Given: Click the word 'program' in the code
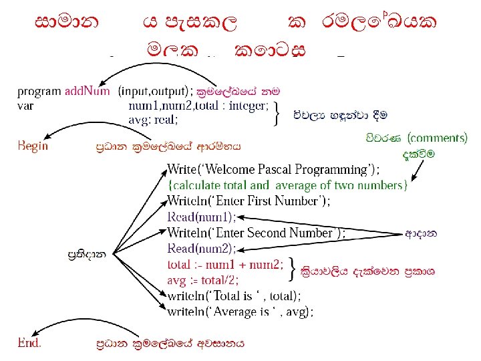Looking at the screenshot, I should click(x=39, y=91).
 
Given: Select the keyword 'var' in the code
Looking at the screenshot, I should click(x=25, y=105).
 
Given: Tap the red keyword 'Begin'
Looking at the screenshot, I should click(x=33, y=145).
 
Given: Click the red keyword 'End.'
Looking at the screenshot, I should click(x=29, y=342).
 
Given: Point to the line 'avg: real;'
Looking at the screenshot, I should click(x=153, y=120).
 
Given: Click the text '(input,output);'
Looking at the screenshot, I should click(x=156, y=91).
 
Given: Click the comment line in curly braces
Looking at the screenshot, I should click(x=287, y=185).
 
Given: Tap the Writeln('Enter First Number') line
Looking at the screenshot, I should click(x=248, y=201).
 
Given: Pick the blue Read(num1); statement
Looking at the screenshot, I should click(x=201, y=217).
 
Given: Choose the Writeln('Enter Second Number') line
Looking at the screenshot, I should click(x=256, y=233).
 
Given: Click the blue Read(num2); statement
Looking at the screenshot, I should click(x=201, y=249).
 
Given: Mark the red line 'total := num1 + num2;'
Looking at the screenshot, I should click(x=225, y=264).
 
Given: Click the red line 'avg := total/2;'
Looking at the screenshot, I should click(x=203, y=279).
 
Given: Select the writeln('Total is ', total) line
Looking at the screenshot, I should click(x=234, y=295).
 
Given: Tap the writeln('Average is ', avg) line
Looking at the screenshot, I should click(x=240, y=311).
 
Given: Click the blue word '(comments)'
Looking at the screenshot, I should click(x=438, y=138).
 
